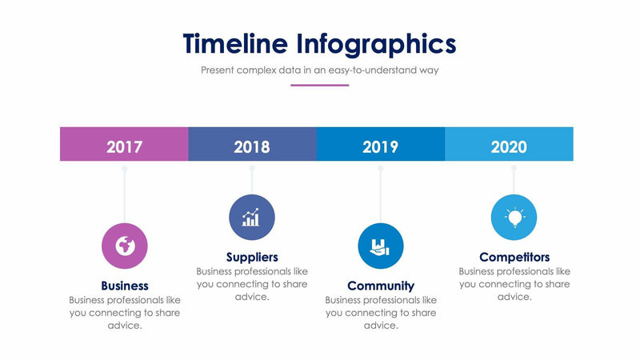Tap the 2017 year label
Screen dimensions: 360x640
click(x=124, y=147)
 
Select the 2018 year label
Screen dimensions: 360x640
click(x=252, y=147)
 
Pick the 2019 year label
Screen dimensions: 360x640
click(x=380, y=147)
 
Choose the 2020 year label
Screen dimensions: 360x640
click(x=509, y=147)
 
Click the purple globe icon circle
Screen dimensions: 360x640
click(x=125, y=246)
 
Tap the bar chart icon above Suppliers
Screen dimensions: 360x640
click(x=252, y=217)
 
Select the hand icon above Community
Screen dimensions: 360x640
click(x=381, y=246)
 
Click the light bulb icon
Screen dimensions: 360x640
click(x=514, y=217)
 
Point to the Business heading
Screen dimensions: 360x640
click(x=125, y=286)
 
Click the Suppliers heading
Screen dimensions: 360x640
click(x=252, y=258)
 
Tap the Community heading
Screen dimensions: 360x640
click(x=381, y=286)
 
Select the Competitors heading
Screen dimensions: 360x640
click(x=514, y=258)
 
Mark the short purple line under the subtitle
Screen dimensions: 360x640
click(x=319, y=85)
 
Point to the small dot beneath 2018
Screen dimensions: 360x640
click(x=252, y=168)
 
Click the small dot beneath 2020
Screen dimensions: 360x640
click(x=514, y=168)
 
